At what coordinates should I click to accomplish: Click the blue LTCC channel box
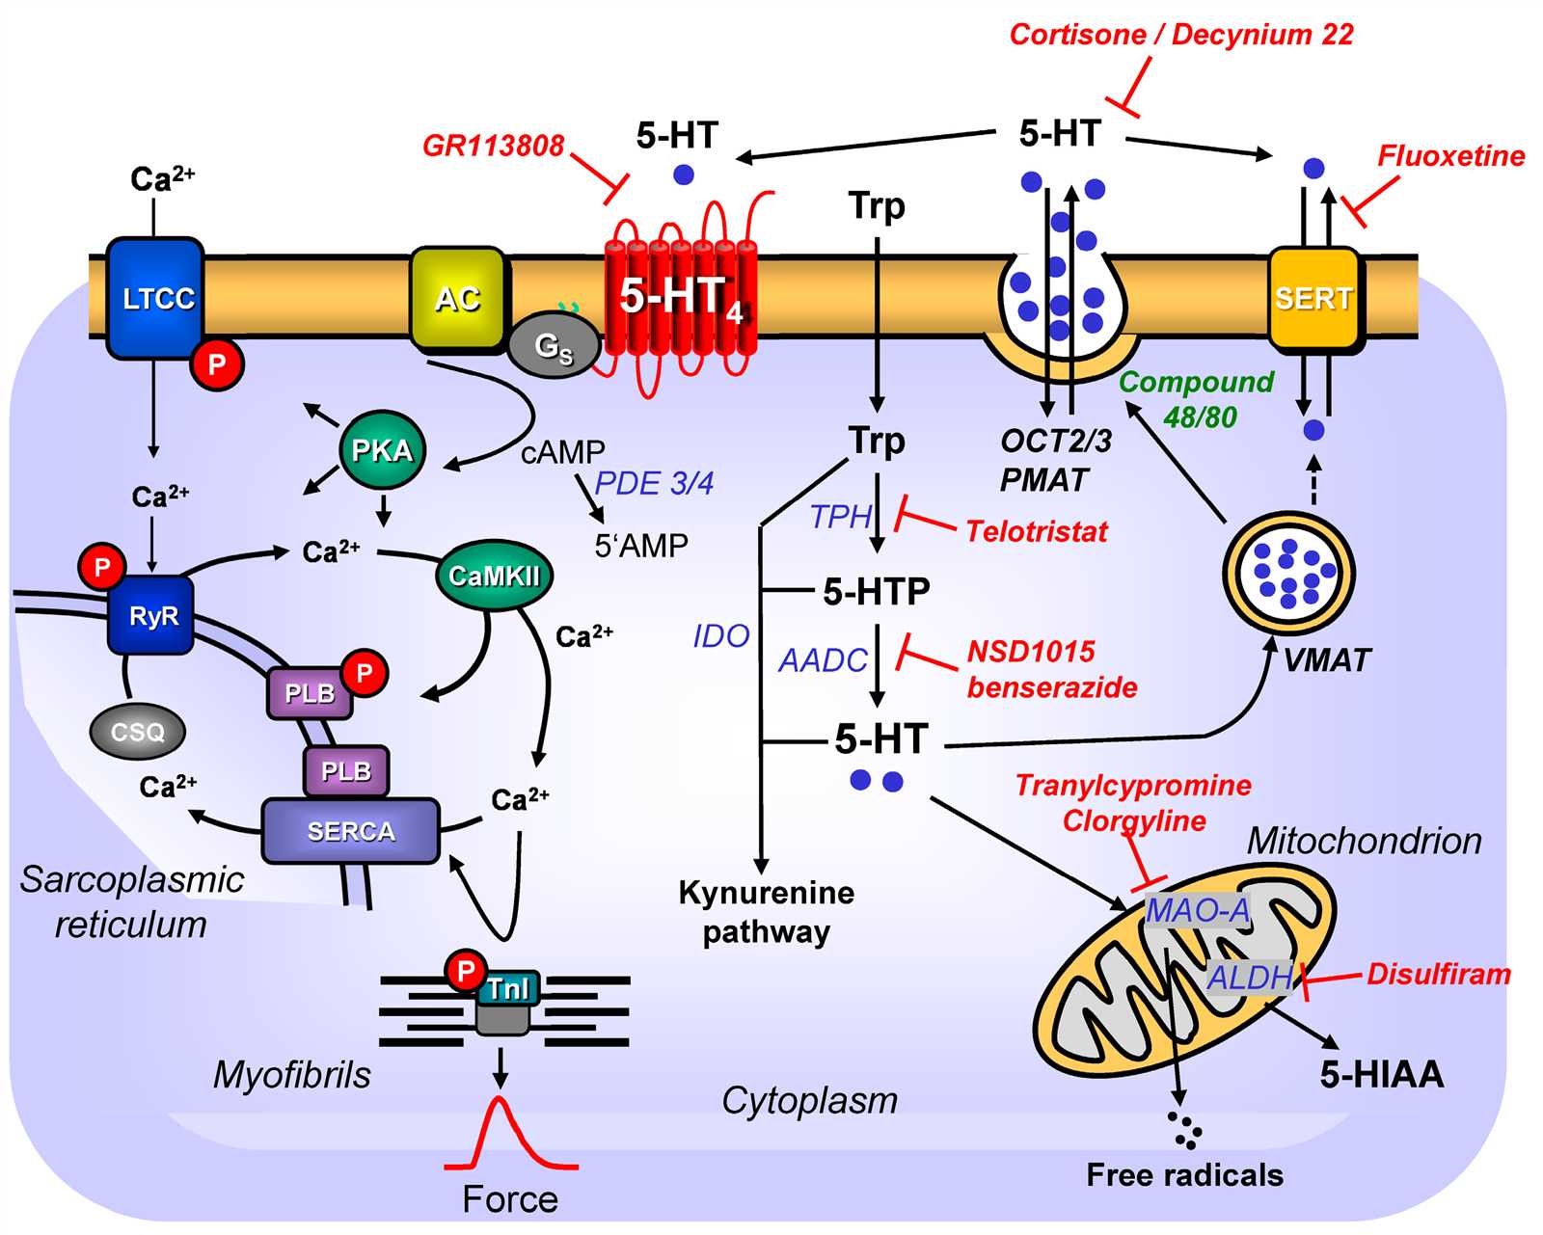(155, 298)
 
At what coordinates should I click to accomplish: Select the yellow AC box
(457, 298)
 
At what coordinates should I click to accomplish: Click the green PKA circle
(382, 451)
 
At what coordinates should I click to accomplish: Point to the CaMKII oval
(494, 576)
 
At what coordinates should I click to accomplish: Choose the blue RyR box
(152, 616)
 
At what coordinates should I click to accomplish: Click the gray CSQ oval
(138, 732)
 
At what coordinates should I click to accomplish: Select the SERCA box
(351, 831)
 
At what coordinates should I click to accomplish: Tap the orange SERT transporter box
(1313, 300)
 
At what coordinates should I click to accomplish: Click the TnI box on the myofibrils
(507, 990)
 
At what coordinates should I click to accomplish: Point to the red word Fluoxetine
(1450, 156)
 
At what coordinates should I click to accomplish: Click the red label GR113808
(494, 146)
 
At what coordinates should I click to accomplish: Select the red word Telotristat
(1037, 531)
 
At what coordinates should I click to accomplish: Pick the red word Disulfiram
(1438, 974)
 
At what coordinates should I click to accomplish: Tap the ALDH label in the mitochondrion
(1250, 977)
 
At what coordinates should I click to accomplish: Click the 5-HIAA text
(1382, 1074)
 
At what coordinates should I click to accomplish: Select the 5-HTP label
(877, 591)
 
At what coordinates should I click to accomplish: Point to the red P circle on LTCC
(217, 364)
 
